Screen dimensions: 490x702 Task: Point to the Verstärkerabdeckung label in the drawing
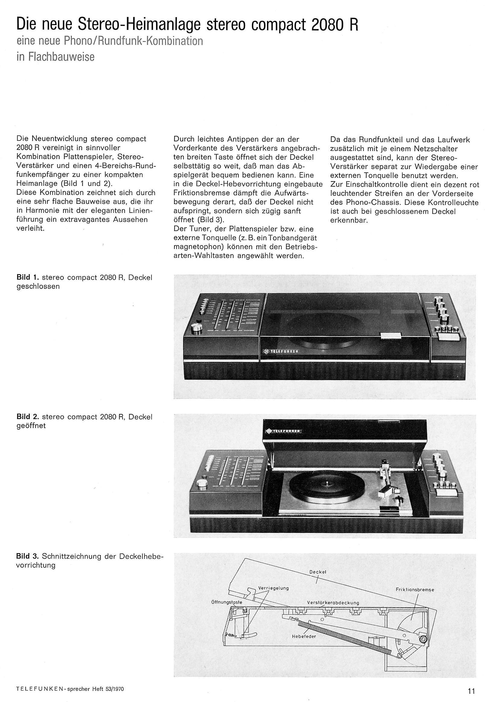tap(333, 603)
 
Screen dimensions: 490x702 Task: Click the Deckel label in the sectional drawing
tap(318, 572)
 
